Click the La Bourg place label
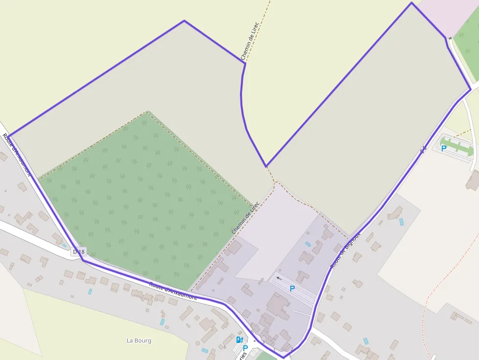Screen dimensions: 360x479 [x=139, y=340]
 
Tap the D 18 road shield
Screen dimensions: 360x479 [x=78, y=252]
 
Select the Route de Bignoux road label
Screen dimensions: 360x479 [x=346, y=250]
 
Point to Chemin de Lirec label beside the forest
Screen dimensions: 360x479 [x=245, y=218]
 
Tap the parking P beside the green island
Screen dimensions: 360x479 [x=444, y=148]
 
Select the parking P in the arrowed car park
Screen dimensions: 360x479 [x=292, y=288]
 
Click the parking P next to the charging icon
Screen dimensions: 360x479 [x=245, y=348]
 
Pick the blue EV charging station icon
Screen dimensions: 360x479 [x=239, y=339]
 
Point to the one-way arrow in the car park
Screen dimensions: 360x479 [x=278, y=278]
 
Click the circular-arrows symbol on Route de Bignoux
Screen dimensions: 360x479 [x=423, y=148]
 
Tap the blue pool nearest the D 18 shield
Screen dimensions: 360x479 [x=89, y=291]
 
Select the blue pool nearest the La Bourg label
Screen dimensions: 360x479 [x=162, y=321]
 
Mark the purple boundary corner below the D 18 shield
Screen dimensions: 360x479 [x=84, y=260]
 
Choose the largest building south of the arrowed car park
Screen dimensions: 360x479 [x=278, y=304]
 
